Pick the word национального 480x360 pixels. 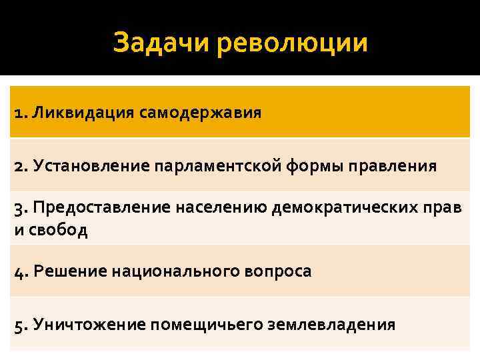(159, 272)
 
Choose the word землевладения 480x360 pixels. (331, 325)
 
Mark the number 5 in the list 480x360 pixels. (18, 325)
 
